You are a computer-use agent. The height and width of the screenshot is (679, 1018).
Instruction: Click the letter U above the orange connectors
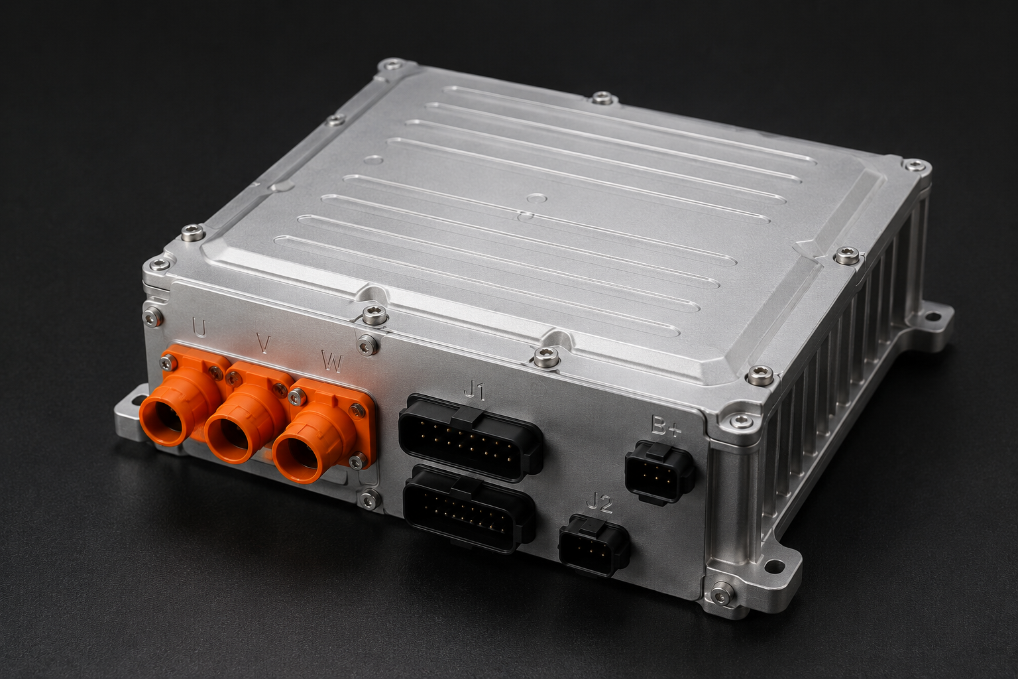point(199,328)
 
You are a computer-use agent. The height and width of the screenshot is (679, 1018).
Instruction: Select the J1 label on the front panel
point(475,391)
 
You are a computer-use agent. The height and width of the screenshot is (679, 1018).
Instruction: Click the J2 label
point(600,504)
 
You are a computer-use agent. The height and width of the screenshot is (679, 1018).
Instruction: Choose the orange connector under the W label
point(318,436)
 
